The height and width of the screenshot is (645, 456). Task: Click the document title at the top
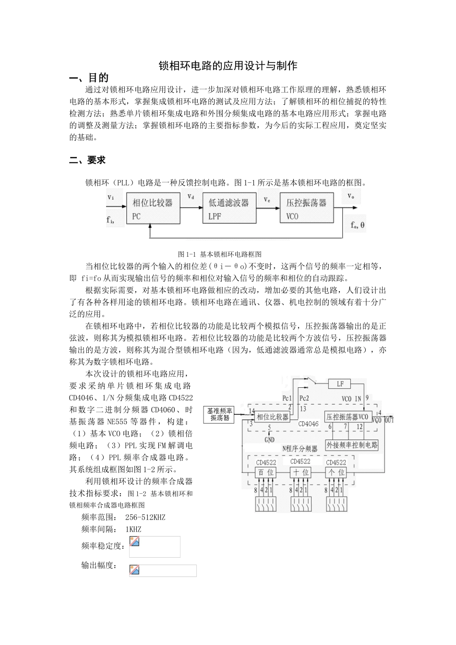pos(228,66)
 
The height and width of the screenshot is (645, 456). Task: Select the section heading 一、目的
pos(89,78)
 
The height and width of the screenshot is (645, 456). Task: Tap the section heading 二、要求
pos(87,160)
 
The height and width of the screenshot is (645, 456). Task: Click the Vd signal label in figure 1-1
pos(191,197)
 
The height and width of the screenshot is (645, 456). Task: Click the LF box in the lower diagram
pos(340,384)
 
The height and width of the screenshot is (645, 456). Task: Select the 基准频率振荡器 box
pos(220,414)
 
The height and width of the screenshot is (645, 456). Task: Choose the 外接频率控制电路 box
pos(352,445)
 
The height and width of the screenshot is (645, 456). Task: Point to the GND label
pos(269,439)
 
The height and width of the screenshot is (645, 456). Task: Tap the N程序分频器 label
pos(300,449)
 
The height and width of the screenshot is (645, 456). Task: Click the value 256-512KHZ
pos(145,517)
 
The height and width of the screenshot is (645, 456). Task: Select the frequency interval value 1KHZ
pos(133,529)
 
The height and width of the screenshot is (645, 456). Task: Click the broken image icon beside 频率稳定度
pos(134,541)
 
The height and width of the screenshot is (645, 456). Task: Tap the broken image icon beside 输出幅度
pos(134,570)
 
